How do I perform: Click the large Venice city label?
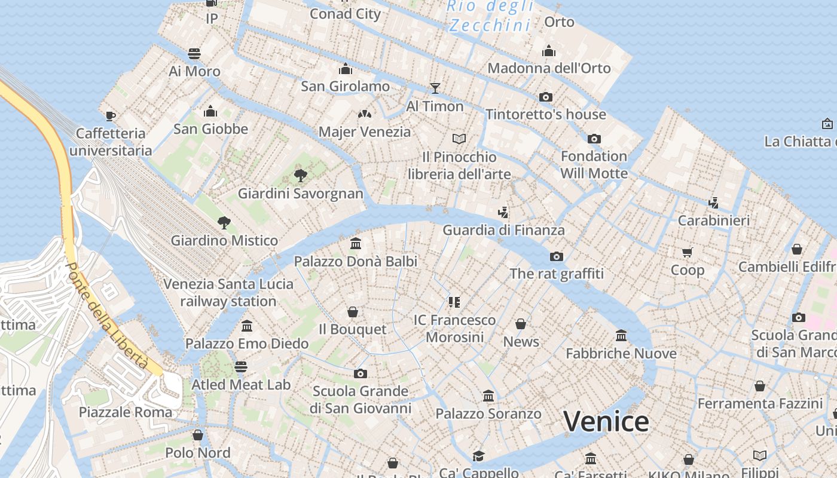coord(606,421)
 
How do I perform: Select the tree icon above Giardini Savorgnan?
coord(301,175)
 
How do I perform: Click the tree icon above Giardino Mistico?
coord(224,223)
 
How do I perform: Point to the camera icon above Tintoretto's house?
coord(545,97)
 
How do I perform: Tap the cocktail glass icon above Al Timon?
coord(435,88)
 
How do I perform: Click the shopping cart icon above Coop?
coord(687,253)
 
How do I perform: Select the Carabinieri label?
coord(713,220)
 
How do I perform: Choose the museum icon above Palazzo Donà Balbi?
coord(356,243)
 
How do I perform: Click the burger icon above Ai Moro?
coord(194,54)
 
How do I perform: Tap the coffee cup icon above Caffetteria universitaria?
coord(110,115)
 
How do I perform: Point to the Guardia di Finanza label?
coord(503,230)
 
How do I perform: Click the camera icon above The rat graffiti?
coord(557,256)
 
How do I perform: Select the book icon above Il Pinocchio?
coord(459,139)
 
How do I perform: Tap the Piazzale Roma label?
coord(126,412)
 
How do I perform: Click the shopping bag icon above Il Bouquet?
coord(353,312)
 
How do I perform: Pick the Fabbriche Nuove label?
coord(621,354)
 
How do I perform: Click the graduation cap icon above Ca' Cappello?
coord(478,456)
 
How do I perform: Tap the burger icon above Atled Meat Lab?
coord(241,366)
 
